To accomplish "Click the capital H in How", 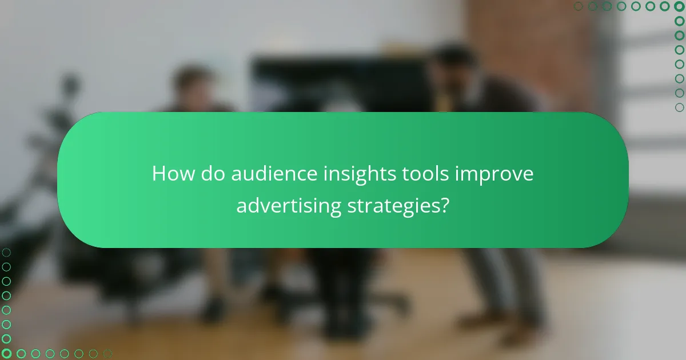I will coord(158,174).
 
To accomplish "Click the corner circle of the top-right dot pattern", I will coord(679,6).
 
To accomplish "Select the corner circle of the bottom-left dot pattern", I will coord(6,354).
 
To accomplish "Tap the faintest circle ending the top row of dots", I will coord(579,6).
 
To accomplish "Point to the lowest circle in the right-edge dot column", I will coord(679,107).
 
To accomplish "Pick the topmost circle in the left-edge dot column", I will coord(6,252).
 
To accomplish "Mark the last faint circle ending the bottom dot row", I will coord(107,354).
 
